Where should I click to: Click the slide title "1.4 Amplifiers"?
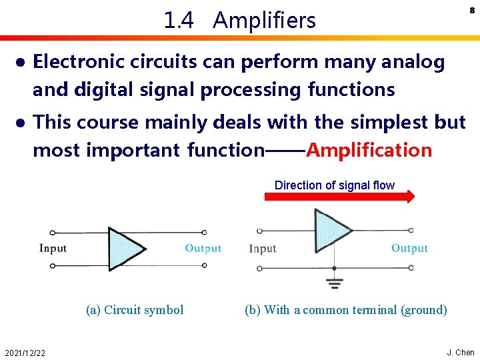[x=239, y=21]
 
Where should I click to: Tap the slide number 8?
[x=471, y=11]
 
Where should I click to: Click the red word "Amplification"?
[x=369, y=150]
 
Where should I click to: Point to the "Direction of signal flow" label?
[x=334, y=185]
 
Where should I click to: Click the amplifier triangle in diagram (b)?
[x=333, y=230]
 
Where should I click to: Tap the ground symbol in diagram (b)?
[x=334, y=284]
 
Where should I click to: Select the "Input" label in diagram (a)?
[x=53, y=249]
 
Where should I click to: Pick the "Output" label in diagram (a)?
[x=203, y=249]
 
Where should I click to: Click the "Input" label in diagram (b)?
[x=263, y=249]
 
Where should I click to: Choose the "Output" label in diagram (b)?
[x=409, y=249]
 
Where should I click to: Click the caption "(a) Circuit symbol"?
[x=135, y=309]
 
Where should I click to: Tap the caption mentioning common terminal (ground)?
[x=345, y=309]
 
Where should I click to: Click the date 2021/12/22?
[x=25, y=353]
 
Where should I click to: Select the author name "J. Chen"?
[x=460, y=353]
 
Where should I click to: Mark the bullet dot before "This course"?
[x=21, y=123]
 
